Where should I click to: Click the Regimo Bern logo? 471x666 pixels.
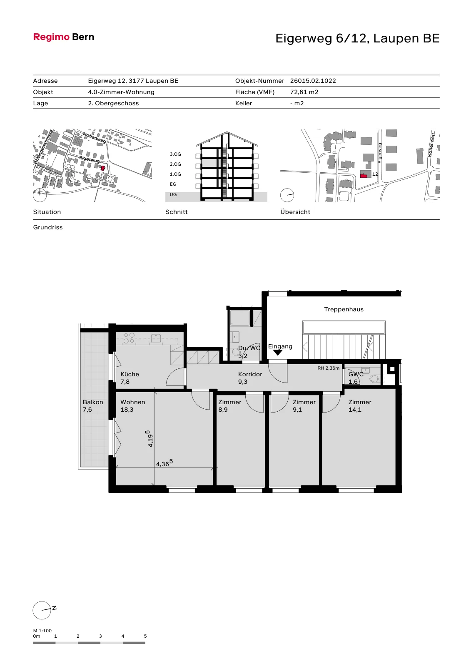click(64, 37)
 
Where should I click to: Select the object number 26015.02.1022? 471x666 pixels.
click(313, 81)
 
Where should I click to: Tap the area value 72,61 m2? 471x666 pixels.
click(304, 92)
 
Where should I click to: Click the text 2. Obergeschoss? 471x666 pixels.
click(113, 104)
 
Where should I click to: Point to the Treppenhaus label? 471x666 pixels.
click(344, 310)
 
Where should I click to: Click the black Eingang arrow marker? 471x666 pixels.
click(278, 353)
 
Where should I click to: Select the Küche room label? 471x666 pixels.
click(130, 374)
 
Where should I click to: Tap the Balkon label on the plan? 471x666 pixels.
click(93, 402)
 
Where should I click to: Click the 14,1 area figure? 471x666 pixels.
click(355, 410)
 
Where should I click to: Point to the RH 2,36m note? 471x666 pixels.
click(328, 368)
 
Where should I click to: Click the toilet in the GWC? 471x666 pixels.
click(374, 378)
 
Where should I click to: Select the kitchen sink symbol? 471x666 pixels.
click(156, 338)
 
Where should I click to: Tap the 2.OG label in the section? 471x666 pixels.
click(175, 164)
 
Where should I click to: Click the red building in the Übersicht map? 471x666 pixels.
click(364, 175)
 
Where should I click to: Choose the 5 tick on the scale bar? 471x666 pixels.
click(145, 636)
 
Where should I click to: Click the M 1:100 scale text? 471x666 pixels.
click(42, 631)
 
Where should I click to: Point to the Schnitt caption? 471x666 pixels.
click(177, 212)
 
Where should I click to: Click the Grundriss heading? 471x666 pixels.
click(48, 227)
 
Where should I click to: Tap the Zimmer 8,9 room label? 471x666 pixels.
click(230, 406)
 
